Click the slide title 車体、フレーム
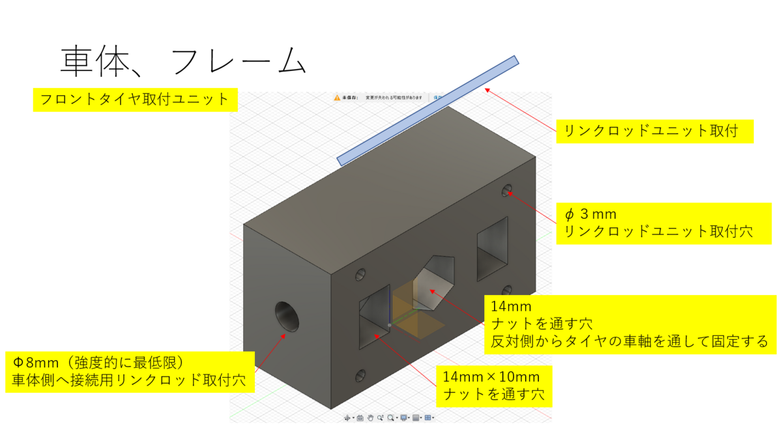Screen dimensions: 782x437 (x=183, y=62)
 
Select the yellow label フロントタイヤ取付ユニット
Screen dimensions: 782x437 (x=135, y=100)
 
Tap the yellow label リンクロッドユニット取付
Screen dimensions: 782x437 (x=654, y=130)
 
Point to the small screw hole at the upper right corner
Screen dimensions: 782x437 (x=507, y=190)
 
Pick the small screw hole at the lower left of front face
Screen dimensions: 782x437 (x=360, y=376)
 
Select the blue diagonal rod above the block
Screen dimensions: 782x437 (x=427, y=110)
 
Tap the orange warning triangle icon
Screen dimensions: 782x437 (x=337, y=98)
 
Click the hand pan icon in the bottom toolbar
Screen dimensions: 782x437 (x=370, y=417)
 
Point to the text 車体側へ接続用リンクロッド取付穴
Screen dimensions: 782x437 (x=129, y=380)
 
